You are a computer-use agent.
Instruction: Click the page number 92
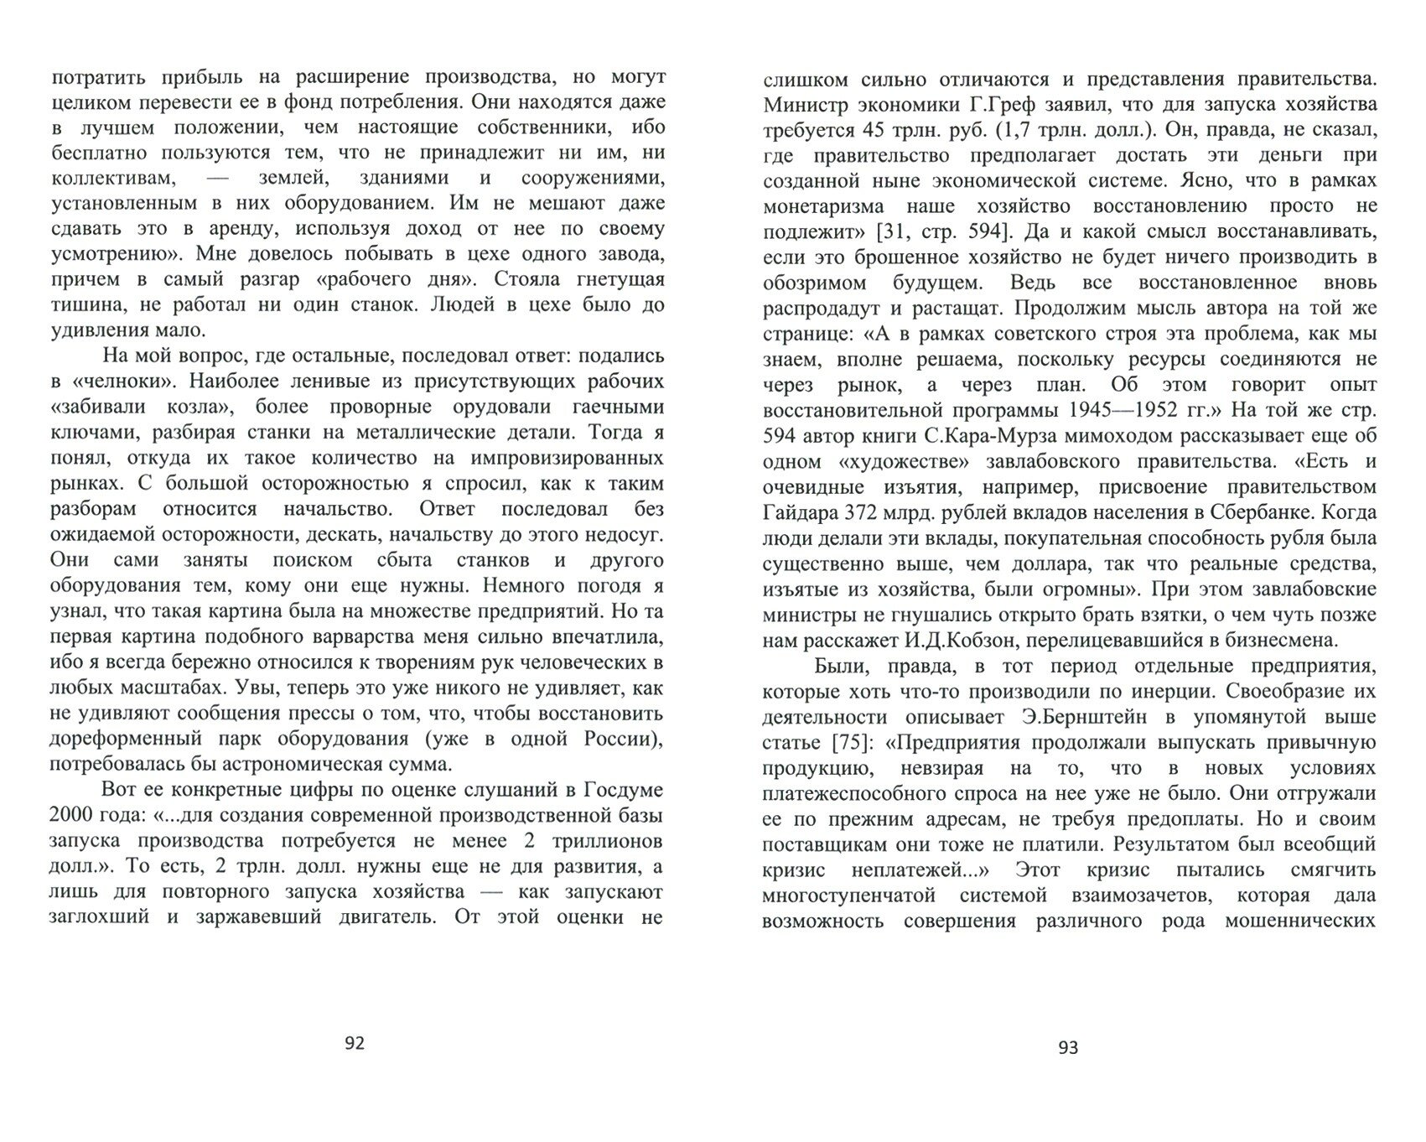click(x=355, y=1043)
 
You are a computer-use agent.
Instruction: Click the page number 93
click(x=1068, y=1047)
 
